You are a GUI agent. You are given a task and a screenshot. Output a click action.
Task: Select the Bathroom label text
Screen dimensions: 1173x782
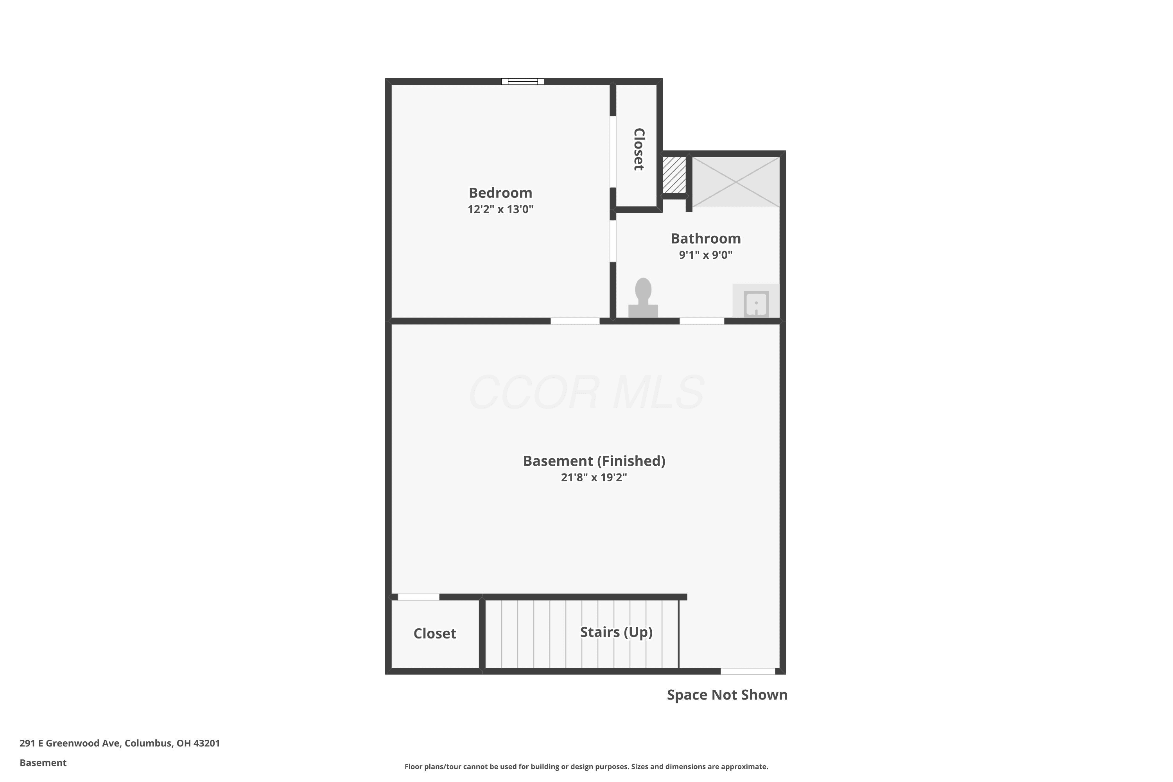tap(705, 239)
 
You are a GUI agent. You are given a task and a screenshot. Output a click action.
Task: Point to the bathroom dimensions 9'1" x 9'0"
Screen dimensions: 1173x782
tap(705, 255)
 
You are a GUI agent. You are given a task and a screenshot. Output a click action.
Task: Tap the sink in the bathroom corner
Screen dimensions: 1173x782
tap(755, 301)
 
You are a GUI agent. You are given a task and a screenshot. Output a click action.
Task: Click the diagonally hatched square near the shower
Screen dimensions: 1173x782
tap(674, 174)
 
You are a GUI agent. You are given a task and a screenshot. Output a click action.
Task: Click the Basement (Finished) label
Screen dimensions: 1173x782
tap(594, 461)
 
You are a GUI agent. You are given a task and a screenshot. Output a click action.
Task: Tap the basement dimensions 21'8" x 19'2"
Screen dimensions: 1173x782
tap(594, 477)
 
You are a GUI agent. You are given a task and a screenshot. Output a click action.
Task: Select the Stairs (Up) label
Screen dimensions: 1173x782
tap(616, 632)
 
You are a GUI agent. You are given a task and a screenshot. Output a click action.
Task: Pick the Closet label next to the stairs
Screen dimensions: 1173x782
tap(434, 633)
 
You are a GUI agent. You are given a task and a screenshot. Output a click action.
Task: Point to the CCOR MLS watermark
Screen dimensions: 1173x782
tap(586, 393)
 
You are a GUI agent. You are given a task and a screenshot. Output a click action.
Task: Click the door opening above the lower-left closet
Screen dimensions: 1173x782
tap(418, 597)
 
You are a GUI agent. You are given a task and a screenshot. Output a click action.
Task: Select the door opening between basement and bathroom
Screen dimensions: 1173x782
tap(702, 321)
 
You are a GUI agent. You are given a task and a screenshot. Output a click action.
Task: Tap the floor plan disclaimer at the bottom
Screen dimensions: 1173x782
tap(586, 766)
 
